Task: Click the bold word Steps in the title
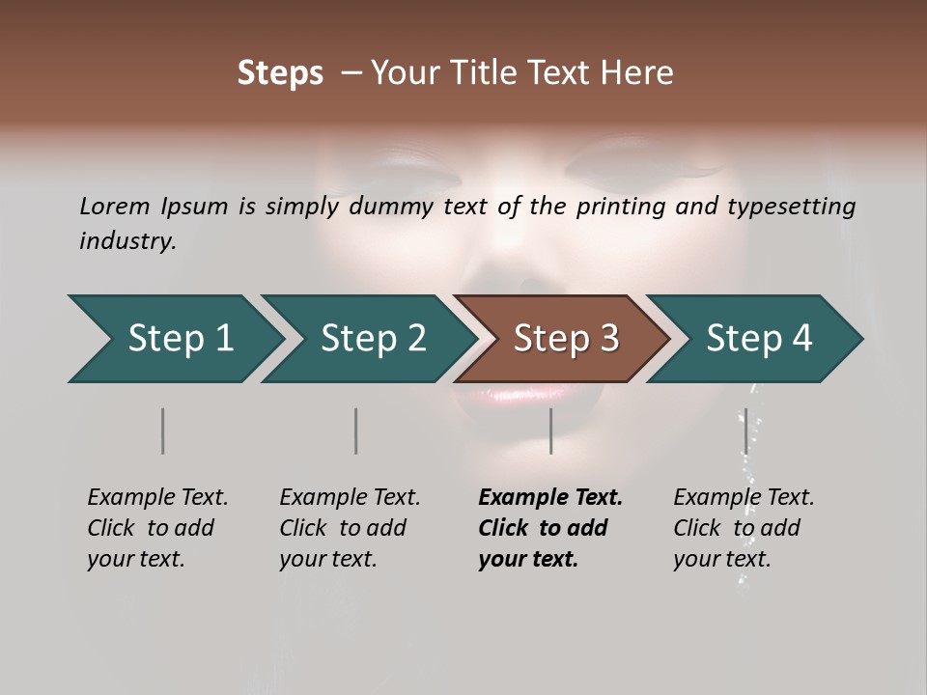tap(280, 73)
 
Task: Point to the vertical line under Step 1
tap(163, 431)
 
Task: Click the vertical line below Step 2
tap(356, 431)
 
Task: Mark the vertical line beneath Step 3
tap(550, 431)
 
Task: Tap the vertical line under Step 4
tap(745, 431)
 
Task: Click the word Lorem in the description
tap(115, 207)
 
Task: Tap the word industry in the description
tap(126, 241)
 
